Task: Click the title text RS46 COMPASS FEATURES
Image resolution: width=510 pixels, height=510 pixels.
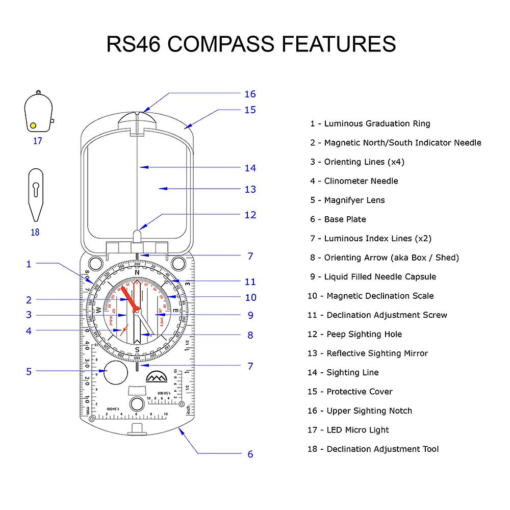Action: coord(251,44)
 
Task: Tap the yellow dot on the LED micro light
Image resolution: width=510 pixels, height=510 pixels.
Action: coord(33,125)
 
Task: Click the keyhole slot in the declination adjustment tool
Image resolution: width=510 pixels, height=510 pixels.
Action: coord(35,190)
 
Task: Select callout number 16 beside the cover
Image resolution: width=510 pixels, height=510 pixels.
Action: coord(250,94)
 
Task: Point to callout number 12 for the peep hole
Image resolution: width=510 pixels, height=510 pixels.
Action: coord(250,215)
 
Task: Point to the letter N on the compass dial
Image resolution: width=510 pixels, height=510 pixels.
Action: coord(137,272)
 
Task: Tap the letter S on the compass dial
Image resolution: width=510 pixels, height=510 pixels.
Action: coord(137,349)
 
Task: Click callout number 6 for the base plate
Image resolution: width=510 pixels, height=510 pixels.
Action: coord(250,454)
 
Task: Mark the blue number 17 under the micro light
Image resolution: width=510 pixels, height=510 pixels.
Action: coord(37,141)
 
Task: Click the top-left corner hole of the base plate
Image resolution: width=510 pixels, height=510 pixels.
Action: coord(95,264)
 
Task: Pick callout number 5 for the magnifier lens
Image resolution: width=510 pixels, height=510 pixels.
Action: coord(29,371)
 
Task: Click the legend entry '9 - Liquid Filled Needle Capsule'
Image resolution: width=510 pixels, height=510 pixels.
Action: coord(373,277)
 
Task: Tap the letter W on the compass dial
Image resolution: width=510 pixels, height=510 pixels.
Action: coord(98,311)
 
